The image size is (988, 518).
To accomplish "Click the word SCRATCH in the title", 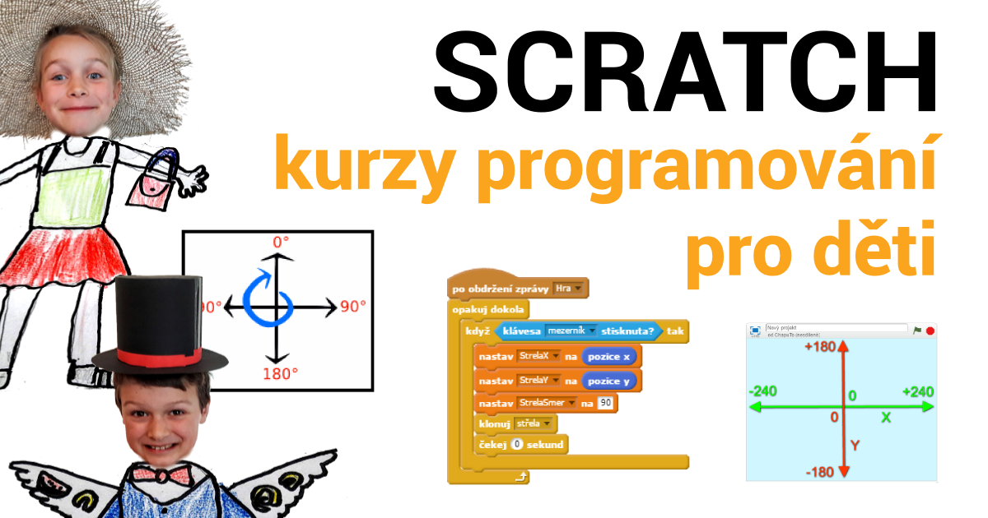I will (x=685, y=72).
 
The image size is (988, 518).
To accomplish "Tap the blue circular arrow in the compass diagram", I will (x=265, y=295).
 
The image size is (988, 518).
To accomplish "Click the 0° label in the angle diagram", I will (x=281, y=243).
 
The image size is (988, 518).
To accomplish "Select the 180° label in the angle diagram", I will (x=281, y=373).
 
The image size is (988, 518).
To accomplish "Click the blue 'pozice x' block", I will (x=610, y=357).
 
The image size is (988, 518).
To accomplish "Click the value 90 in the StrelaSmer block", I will (x=606, y=403).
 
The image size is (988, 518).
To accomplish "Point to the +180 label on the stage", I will (x=820, y=347).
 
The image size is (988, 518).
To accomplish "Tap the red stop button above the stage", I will (x=930, y=331).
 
